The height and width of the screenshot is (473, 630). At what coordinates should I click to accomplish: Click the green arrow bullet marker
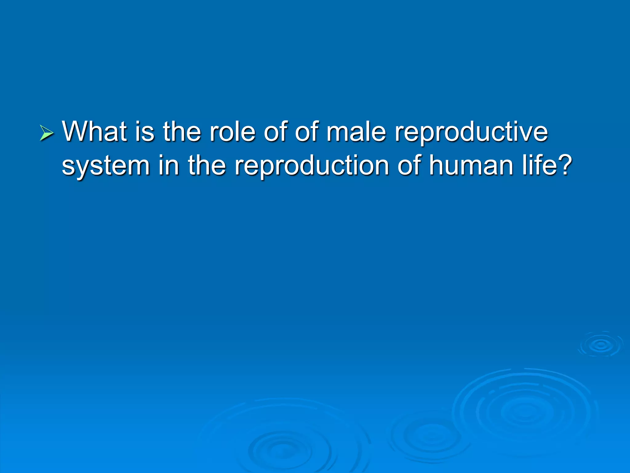click(47, 133)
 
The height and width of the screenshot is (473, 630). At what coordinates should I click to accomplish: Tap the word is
click(145, 131)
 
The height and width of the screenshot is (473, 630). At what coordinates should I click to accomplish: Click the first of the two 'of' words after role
click(275, 131)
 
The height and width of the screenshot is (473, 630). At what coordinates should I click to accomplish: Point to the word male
click(356, 131)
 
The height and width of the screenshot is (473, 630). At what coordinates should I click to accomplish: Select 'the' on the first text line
click(181, 131)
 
